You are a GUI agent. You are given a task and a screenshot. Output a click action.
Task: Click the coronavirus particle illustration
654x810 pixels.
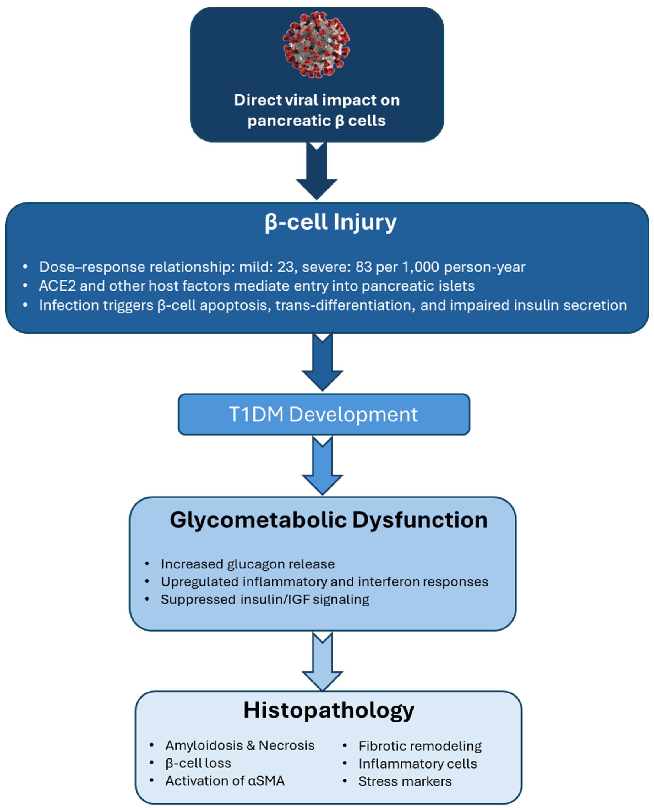tap(316, 44)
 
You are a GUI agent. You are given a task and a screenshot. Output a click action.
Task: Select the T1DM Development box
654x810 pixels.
tap(324, 414)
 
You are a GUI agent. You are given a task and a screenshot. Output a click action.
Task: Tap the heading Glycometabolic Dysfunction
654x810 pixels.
tap(329, 520)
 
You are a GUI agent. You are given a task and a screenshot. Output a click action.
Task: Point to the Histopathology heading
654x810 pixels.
tap(329, 710)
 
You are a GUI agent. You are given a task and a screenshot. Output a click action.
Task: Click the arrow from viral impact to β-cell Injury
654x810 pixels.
tap(316, 171)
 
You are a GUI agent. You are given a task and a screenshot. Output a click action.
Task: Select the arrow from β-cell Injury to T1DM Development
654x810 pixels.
tap(323, 363)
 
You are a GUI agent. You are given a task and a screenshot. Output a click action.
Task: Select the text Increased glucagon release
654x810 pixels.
tap(248, 564)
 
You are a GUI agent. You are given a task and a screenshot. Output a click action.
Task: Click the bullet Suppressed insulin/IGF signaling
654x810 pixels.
tap(265, 599)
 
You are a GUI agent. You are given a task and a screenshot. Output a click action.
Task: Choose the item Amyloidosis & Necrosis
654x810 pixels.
tap(240, 745)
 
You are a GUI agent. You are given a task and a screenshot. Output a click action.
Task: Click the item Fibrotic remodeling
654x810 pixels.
tap(420, 746)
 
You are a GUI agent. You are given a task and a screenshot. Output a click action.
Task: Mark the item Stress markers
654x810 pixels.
tap(405, 781)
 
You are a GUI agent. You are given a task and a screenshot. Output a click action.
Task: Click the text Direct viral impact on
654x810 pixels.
tap(316, 100)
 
